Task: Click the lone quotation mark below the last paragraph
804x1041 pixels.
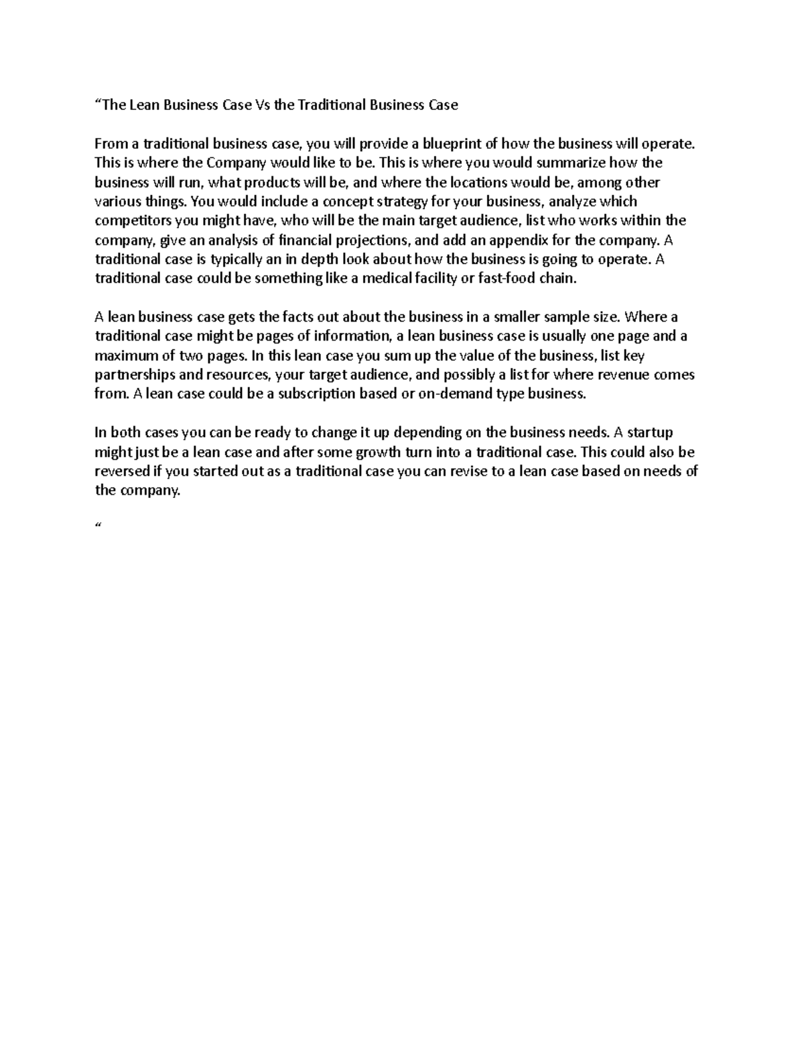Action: pos(98,527)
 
